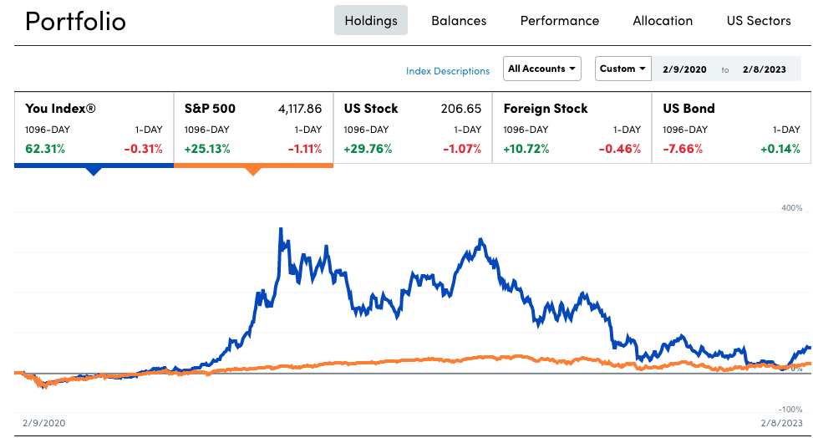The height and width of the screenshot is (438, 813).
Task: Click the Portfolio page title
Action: point(75,21)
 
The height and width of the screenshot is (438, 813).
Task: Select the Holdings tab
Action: point(371,21)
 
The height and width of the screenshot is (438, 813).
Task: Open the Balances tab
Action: point(459,21)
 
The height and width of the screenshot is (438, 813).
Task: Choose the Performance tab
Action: point(559,21)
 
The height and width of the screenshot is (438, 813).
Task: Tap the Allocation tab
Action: point(663,21)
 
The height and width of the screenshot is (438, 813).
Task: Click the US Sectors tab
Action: point(759,21)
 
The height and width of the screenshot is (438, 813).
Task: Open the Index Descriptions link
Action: point(448,71)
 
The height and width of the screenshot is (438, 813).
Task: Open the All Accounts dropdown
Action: point(542,69)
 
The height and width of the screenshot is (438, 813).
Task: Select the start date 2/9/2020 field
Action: point(684,69)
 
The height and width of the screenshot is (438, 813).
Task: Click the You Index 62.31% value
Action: point(45,149)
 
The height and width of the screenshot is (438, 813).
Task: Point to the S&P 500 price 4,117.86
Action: point(299,109)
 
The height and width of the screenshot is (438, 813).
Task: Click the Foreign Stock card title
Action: point(546,109)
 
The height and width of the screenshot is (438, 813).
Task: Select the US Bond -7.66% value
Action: point(683,149)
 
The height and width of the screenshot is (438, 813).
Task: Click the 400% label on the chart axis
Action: point(790,208)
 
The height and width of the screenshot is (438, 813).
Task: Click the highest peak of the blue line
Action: point(281,229)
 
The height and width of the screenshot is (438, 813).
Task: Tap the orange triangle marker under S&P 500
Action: point(253,171)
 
